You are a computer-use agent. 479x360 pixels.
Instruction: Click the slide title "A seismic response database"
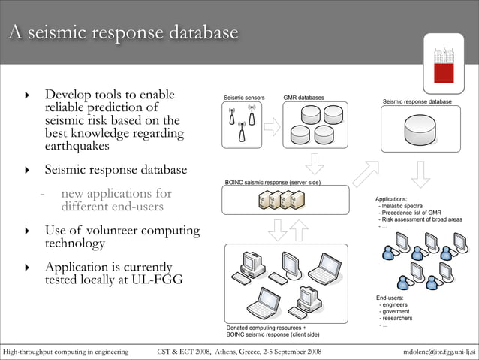pyautogui.click(x=124, y=33)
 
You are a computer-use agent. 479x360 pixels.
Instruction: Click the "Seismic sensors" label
pyautogui.click(x=244, y=98)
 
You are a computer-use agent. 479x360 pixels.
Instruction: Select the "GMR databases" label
pyautogui.click(x=303, y=98)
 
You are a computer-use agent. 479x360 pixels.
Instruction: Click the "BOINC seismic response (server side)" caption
pyautogui.click(x=273, y=183)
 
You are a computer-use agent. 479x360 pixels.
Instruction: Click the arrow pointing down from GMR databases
pyautogui.click(x=313, y=163)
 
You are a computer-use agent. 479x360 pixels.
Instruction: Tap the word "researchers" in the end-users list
pyautogui.click(x=397, y=318)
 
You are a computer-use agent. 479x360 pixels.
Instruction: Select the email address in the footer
pyautogui.click(x=438, y=351)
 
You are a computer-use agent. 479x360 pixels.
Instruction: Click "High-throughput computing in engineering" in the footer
pyautogui.click(x=65, y=351)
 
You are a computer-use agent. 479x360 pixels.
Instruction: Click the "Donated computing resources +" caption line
pyautogui.click(x=266, y=328)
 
